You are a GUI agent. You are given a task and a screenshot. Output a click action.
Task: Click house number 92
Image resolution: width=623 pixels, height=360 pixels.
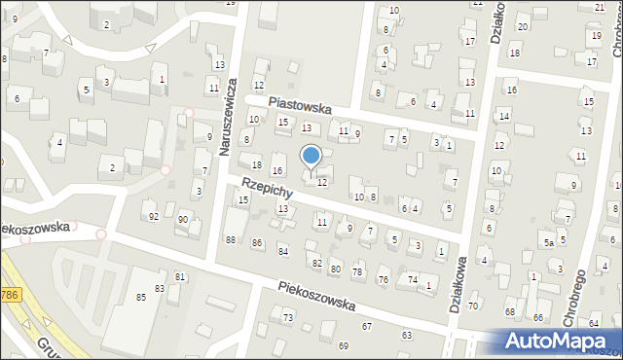153,216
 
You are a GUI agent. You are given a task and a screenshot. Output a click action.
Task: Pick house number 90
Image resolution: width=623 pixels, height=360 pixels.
182,220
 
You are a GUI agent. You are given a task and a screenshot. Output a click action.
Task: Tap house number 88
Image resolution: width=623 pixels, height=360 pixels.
231,240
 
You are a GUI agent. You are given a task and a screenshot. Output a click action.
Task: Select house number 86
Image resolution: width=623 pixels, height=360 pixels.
257,242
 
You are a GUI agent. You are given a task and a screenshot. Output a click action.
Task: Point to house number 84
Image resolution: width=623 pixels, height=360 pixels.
283,252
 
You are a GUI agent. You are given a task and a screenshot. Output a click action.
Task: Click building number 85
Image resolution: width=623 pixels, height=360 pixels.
141,296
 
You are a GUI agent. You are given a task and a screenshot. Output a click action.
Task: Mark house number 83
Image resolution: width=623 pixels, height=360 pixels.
159,289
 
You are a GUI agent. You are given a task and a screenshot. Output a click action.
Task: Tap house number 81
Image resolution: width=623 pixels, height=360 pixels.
180,277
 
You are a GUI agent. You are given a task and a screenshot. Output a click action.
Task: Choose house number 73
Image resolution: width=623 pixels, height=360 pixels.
288,318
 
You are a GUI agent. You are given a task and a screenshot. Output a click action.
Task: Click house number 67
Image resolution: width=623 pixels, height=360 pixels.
367,326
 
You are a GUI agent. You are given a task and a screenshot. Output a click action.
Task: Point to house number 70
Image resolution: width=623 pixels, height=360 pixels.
473,306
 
